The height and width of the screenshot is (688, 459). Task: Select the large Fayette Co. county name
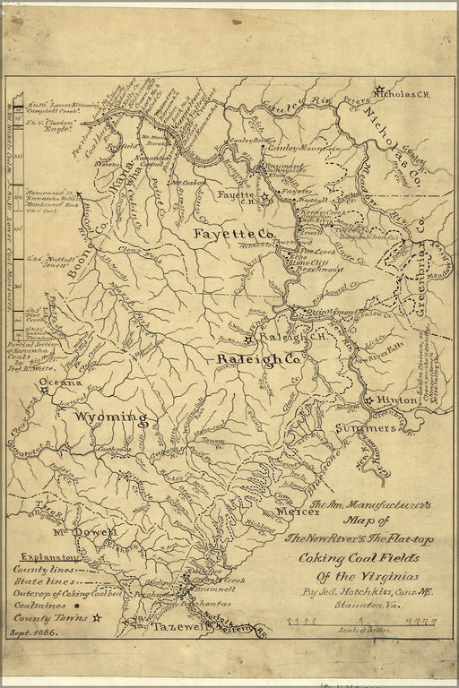pos(229,233)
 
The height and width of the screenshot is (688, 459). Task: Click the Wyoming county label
pos(109,417)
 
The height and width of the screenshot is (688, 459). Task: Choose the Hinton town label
pos(396,401)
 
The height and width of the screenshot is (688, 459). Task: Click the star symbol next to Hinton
pos(368,400)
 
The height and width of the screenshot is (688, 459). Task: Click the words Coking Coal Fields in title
pos(353,558)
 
